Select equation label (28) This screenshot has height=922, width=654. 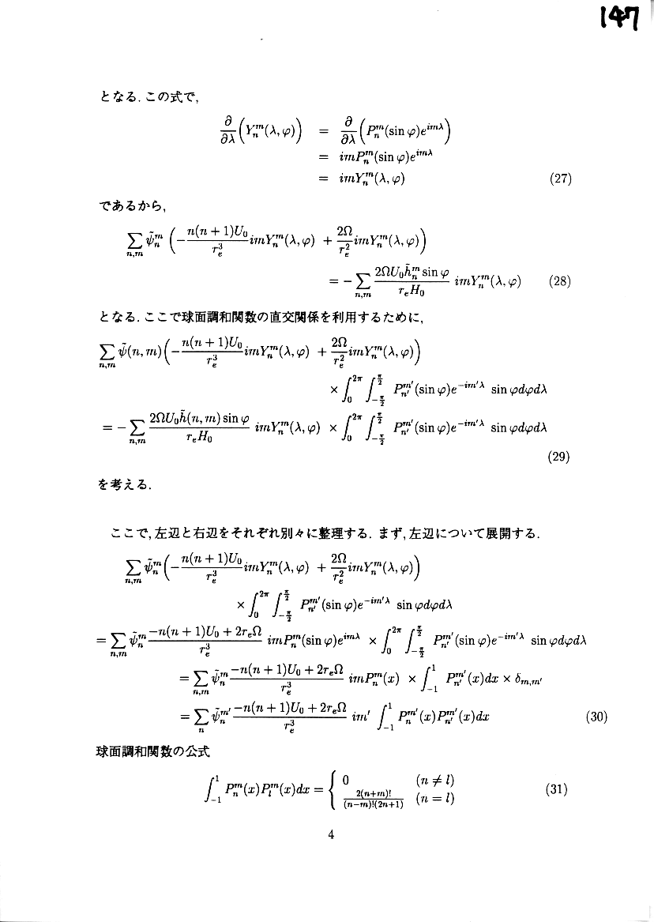[560, 281]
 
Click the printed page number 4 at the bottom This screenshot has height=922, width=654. [331, 837]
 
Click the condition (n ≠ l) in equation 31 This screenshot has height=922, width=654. [434, 781]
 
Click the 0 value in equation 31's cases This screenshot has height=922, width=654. [345, 781]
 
